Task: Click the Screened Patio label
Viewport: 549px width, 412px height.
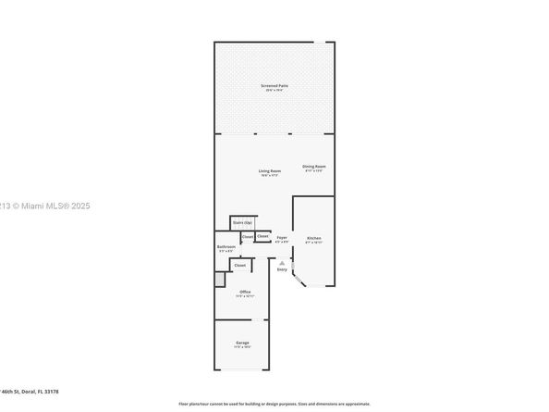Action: [x=274, y=85]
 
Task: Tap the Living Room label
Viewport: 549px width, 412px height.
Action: [x=269, y=171]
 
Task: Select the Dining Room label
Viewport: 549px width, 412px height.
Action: [x=314, y=167]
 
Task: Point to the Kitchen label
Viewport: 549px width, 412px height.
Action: [x=314, y=238]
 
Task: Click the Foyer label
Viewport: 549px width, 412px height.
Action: [x=282, y=238]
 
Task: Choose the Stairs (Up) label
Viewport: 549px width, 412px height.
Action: [x=243, y=223]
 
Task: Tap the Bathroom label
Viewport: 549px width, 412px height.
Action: [x=226, y=247]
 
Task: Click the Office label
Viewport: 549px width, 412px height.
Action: [x=244, y=292]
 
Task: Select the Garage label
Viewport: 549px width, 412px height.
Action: [x=242, y=343]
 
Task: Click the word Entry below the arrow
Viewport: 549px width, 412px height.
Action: [x=282, y=269]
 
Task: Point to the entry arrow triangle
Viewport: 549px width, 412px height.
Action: [x=282, y=262]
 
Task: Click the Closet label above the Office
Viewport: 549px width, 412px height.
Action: [x=240, y=266]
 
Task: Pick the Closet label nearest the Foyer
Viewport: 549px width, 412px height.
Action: [x=263, y=236]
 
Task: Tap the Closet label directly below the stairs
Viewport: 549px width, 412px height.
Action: [x=248, y=237]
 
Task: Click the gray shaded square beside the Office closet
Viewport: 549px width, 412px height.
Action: [x=220, y=279]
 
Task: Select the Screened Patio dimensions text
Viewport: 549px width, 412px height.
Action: [x=274, y=91]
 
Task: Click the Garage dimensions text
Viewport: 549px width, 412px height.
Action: [x=242, y=347]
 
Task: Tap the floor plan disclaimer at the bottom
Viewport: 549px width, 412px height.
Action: [x=274, y=405]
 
